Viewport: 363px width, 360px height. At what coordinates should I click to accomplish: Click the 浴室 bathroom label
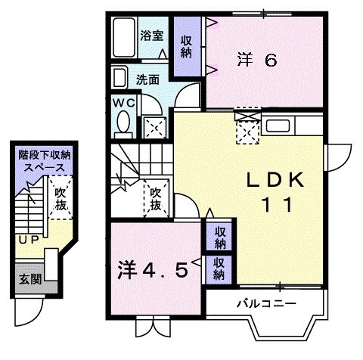coord(152,35)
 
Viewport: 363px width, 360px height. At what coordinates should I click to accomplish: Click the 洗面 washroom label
coord(147,78)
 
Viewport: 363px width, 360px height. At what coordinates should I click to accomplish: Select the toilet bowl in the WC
coord(123,122)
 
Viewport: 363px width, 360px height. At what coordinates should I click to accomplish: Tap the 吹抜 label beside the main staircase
coord(156,199)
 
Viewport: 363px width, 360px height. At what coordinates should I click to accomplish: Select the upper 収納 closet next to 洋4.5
coord(219,237)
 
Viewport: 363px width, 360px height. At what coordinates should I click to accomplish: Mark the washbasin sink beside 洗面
coord(119,77)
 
